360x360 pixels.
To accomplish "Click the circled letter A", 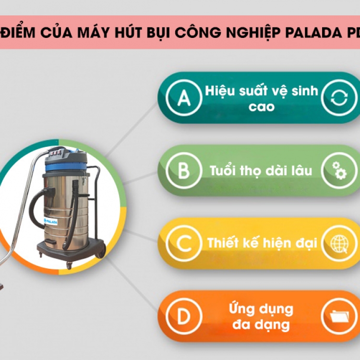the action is pos(184,97).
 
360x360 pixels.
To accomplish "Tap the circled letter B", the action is pos(184,170).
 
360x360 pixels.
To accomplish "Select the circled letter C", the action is pos(184,243).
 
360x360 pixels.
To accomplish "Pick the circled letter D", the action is pos(184,316).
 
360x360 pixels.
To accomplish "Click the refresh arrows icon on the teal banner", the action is pos(339,97).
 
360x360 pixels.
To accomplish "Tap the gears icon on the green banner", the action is pos(339,170).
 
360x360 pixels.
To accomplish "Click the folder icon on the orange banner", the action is pos(339,317).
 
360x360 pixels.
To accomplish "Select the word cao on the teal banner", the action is pos(262,107).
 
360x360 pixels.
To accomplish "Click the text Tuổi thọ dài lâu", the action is pos(261,171).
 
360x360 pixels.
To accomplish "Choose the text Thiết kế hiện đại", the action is pos(262,243).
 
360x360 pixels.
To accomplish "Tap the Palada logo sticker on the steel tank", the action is pos(51,222).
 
